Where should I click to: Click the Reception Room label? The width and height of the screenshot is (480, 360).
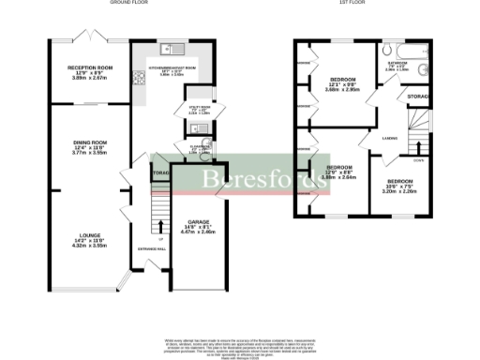pos(91,68)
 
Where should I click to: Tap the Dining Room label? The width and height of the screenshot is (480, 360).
pos(91,142)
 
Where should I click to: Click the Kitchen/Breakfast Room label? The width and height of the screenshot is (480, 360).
pos(172,68)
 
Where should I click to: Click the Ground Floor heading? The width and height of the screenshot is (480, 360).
pos(131,4)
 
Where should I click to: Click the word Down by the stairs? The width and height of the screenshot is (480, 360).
pos(418,159)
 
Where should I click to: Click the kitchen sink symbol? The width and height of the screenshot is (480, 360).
pos(168,49)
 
